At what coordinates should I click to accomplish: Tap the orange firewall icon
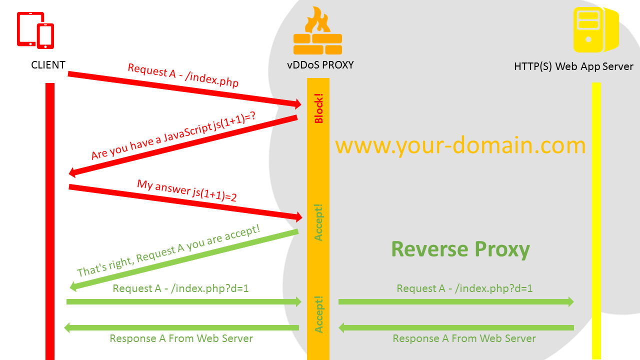[317, 32]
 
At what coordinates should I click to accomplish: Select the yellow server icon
[595, 30]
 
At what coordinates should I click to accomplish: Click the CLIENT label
[48, 65]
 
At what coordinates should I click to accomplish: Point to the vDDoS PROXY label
[320, 65]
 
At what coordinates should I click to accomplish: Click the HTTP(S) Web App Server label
[573, 66]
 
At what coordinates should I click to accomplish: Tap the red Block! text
[319, 108]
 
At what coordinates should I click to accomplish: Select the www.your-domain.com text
[460, 145]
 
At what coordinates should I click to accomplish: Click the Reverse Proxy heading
[460, 249]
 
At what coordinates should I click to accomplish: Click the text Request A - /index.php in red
[183, 75]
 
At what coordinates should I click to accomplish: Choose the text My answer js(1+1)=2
[187, 190]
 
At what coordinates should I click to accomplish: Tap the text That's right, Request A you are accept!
[168, 251]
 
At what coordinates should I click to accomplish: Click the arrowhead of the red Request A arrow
[297, 104]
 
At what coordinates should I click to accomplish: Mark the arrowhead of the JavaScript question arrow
[72, 172]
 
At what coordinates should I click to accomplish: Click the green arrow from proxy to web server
[455, 301]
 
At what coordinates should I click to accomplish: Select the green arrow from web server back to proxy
[455, 327]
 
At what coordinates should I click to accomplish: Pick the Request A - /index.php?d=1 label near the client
[180, 288]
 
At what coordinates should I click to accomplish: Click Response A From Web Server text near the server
[464, 338]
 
